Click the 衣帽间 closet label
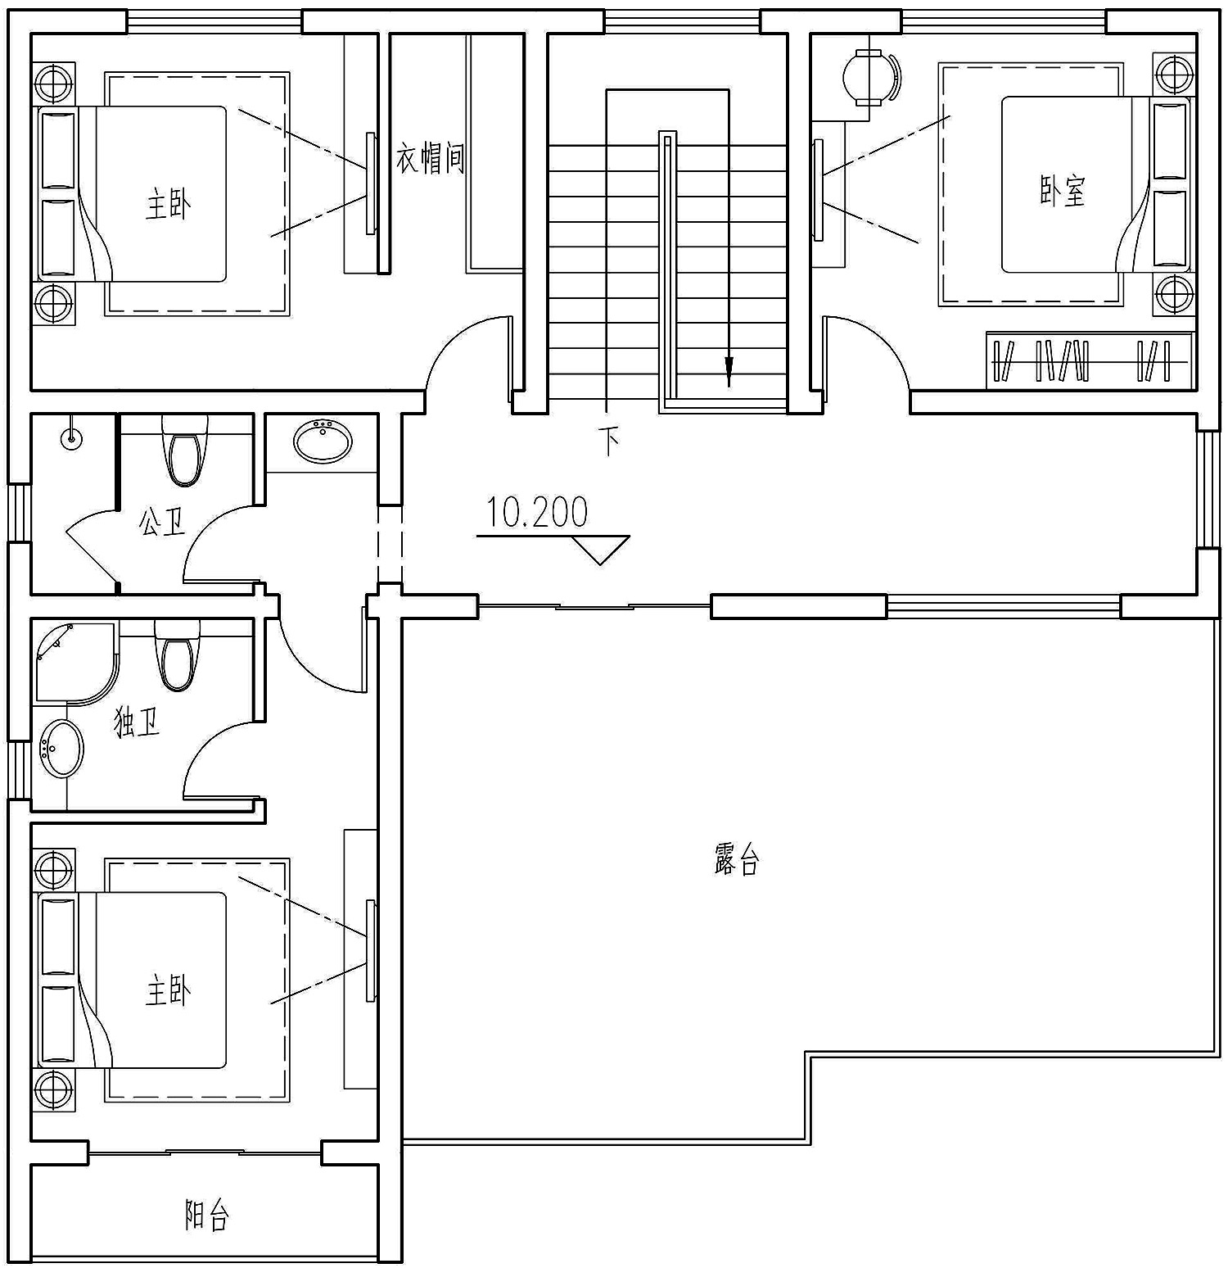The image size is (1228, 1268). [431, 159]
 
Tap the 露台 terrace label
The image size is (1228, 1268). [737, 861]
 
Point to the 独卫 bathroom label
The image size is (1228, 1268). [137, 722]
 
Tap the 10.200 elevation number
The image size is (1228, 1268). [538, 513]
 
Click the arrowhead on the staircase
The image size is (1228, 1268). [728, 373]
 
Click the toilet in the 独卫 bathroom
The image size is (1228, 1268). [177, 654]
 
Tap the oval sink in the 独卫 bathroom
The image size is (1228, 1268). [62, 747]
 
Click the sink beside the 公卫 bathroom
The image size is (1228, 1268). [323, 441]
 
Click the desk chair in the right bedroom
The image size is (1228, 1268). [870, 76]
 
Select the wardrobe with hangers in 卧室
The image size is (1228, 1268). [1089, 360]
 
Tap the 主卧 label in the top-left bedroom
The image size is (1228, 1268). [169, 204]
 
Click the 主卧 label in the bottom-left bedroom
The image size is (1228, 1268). [169, 991]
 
